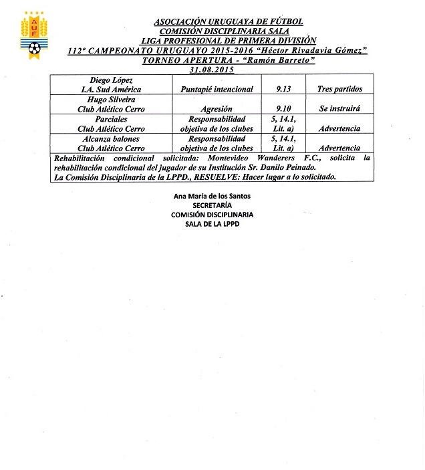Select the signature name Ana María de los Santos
point(212,195)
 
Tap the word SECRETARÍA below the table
point(212,205)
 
